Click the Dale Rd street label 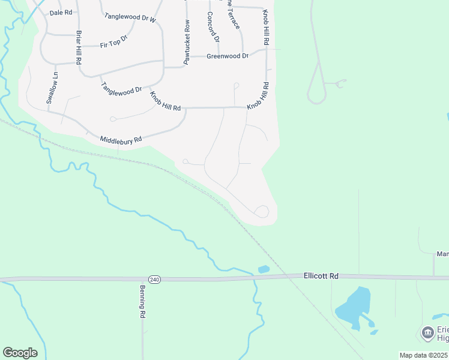coord(61,12)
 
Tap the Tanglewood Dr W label coord(130,19)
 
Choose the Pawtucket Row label coord(187,42)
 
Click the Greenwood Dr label coord(227,56)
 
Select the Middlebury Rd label coord(121,140)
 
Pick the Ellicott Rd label coord(321,276)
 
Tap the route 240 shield coord(154,280)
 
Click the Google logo coord(20,353)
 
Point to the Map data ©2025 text coord(423,355)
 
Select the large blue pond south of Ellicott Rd coord(354,307)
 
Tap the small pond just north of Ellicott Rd coord(263,269)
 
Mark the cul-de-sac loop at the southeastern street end coord(262,211)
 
